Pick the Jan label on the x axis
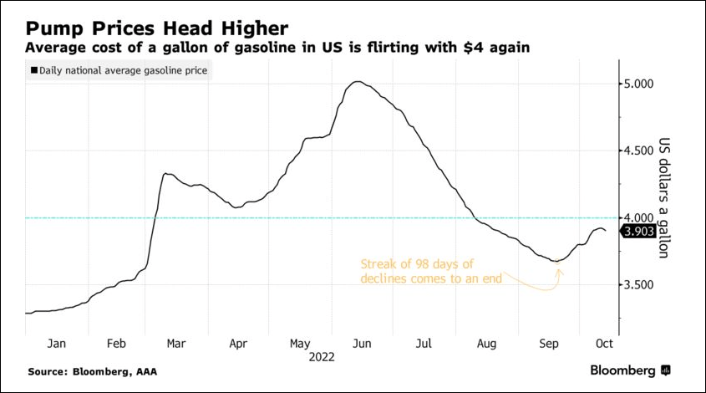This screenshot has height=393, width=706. [x=56, y=343]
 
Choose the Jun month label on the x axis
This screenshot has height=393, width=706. [x=363, y=343]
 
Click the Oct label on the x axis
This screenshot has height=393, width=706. [x=605, y=343]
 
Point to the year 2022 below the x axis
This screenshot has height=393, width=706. [x=321, y=357]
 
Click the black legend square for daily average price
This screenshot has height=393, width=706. [x=34, y=70]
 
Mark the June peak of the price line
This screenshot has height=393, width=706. [x=358, y=81]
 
